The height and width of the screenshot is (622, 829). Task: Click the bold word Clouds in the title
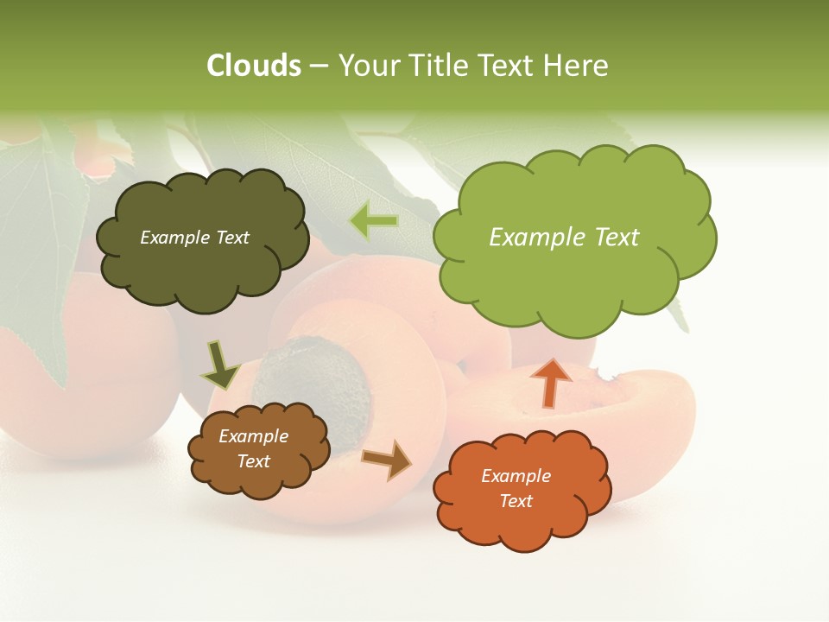[253, 66]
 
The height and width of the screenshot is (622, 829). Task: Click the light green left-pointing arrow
[375, 221]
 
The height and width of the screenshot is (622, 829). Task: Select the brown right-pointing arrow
[388, 460]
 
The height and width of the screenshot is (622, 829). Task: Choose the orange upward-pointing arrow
[550, 383]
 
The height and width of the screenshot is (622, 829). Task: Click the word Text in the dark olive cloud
[231, 238]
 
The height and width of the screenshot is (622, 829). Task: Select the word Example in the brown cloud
[253, 436]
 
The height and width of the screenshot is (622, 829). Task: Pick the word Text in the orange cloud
[516, 501]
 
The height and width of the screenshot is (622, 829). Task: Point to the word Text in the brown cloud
[253, 461]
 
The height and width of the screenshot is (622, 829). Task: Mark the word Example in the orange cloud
[516, 476]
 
